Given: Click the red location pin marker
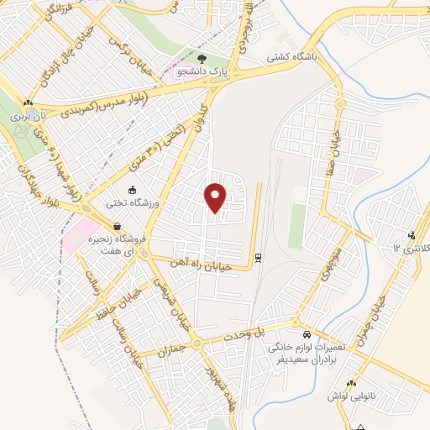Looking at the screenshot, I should tap(217, 197).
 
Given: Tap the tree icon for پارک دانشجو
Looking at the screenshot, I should tap(204, 58).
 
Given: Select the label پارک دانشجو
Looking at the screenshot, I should tap(202, 72).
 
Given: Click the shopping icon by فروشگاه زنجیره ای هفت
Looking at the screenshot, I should tap(115, 226).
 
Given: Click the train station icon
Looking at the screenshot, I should tap(257, 257).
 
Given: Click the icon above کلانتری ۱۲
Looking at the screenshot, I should tap(412, 235).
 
